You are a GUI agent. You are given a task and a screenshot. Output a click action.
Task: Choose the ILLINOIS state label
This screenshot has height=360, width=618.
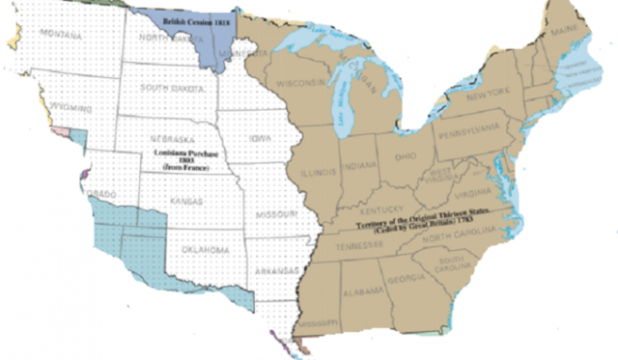pos(319,173)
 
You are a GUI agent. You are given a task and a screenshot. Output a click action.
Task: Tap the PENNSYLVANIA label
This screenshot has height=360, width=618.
pos(467,128)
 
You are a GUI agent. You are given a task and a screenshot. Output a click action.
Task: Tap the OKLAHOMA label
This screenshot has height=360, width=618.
pos(205,250)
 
